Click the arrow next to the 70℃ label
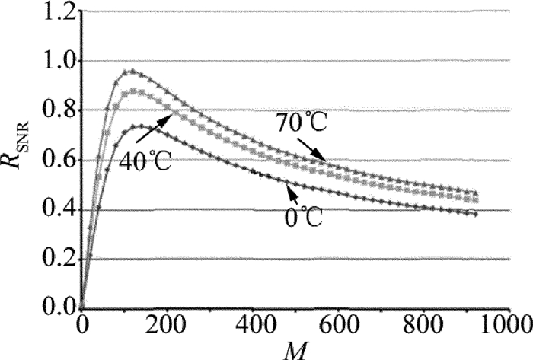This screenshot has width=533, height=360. (x=316, y=148)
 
